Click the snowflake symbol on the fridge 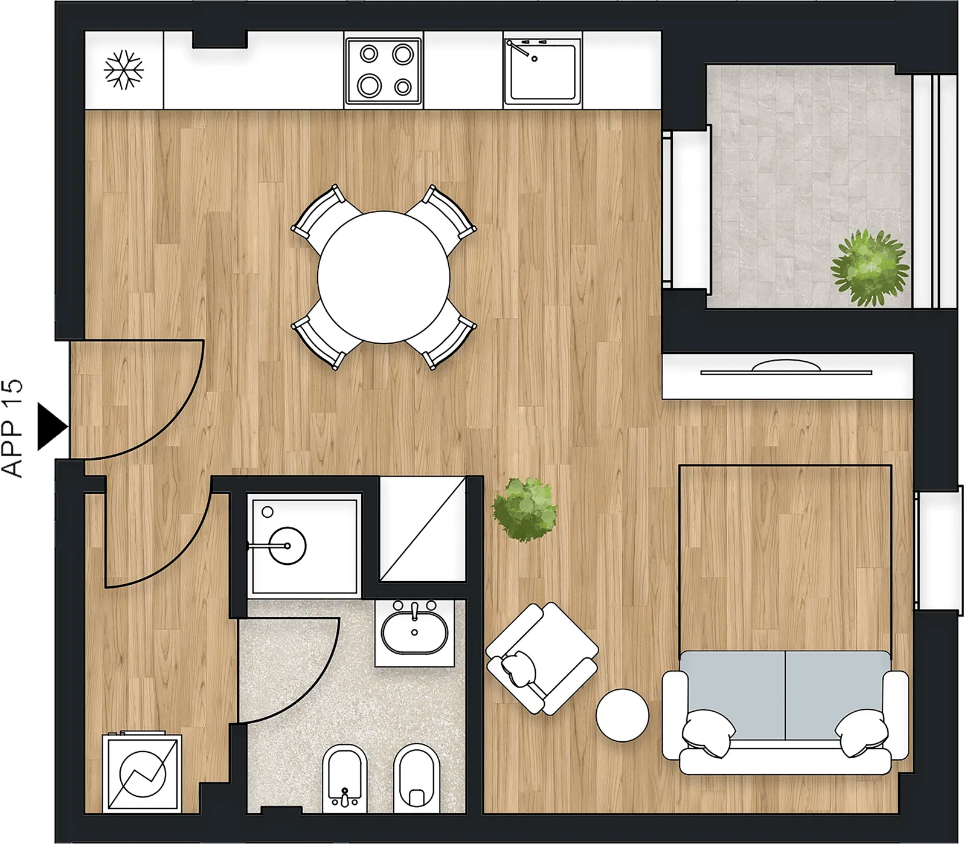[124, 71]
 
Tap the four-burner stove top [384, 70]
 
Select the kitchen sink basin [542, 70]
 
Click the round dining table [384, 277]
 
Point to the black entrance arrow [52, 427]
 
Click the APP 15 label [13, 428]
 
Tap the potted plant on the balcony [870, 266]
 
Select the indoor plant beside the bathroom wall [524, 509]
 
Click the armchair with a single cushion [542, 659]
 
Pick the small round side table [622, 715]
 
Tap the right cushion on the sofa [862, 733]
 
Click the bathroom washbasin [414, 633]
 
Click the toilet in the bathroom [417, 778]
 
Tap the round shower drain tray [287, 546]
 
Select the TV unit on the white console [786, 368]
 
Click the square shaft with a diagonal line [422, 529]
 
